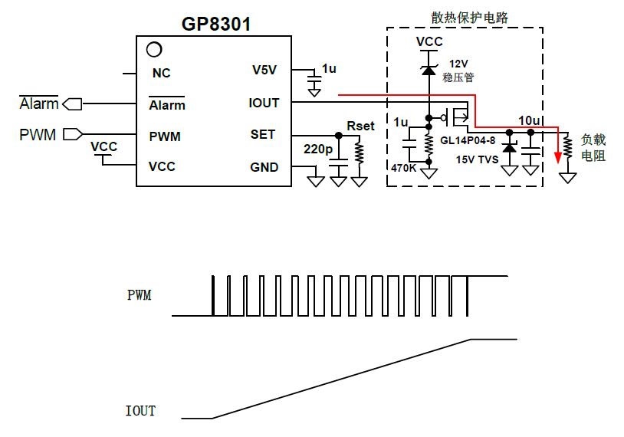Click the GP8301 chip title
[x=216, y=24]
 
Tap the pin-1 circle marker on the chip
[x=154, y=49]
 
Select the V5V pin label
[x=264, y=70]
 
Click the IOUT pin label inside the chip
[x=264, y=103]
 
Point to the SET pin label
[x=263, y=134]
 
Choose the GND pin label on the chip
[x=264, y=167]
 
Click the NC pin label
[x=161, y=73]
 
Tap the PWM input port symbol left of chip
[x=73, y=134]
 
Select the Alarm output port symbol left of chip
[x=72, y=103]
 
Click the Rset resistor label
[x=360, y=127]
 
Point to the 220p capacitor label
[x=317, y=149]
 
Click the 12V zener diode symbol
[x=429, y=70]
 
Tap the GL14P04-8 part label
[x=468, y=140]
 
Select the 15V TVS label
[x=477, y=159]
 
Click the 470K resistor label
[x=403, y=168]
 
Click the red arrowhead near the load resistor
[x=558, y=157]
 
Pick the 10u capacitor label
[x=529, y=120]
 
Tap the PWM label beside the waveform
[x=140, y=295]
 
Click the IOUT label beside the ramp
[x=140, y=410]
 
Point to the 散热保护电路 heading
[x=470, y=18]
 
